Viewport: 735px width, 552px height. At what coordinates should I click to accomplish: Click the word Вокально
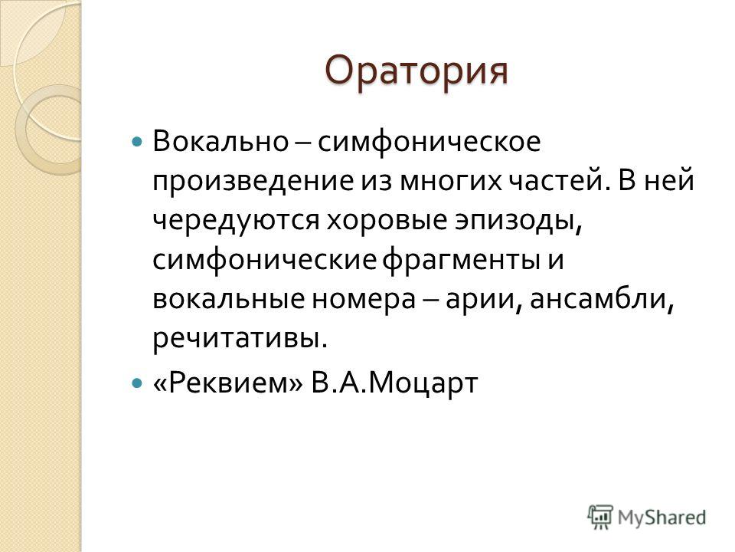pos(220,141)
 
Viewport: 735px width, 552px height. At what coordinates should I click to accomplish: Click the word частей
pos(557,181)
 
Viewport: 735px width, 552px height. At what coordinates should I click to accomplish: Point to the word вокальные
pos(229,301)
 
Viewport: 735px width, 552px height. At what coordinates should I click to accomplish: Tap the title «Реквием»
pos(228,383)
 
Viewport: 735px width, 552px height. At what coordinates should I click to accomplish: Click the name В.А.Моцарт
pos(394,383)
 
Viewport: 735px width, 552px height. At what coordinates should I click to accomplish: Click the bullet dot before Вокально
pos(137,141)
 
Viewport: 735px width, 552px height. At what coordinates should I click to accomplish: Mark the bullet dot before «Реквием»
pos(137,383)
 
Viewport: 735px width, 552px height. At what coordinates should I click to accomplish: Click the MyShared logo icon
pos(600,517)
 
